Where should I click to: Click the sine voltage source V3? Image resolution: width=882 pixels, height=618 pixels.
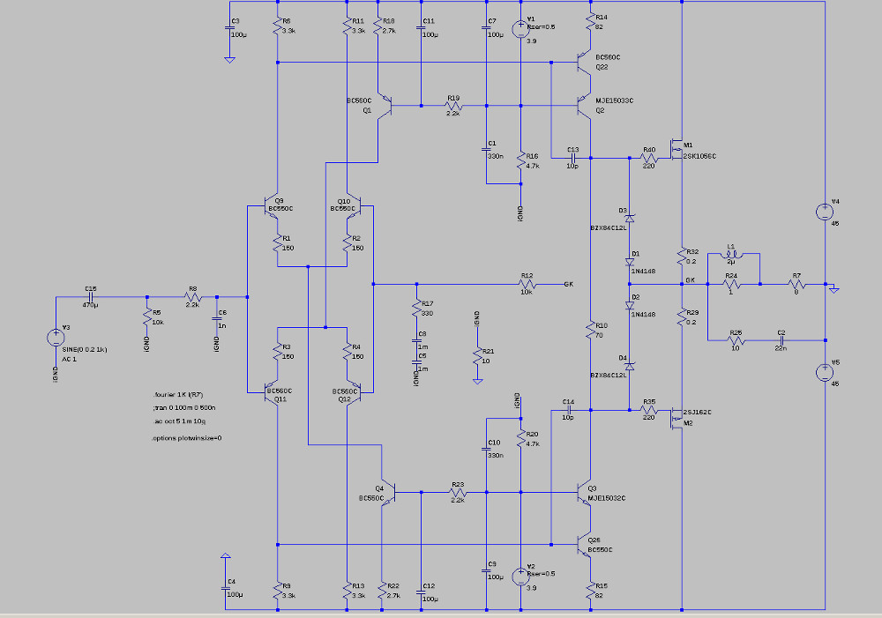pos(55,335)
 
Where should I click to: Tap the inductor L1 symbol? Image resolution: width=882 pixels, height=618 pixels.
pos(731,256)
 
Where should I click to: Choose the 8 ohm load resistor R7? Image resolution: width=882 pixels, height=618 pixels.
pos(796,284)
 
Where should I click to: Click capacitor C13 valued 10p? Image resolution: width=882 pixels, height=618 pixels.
pos(572,159)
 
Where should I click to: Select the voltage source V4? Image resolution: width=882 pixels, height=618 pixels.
pos(823,212)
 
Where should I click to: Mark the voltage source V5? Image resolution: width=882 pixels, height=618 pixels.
pos(823,372)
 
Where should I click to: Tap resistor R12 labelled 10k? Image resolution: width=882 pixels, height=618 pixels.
pos(527,284)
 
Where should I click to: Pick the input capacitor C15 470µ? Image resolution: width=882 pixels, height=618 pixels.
pos(91,297)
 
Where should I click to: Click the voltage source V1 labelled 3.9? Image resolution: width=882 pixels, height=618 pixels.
pos(521,28)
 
